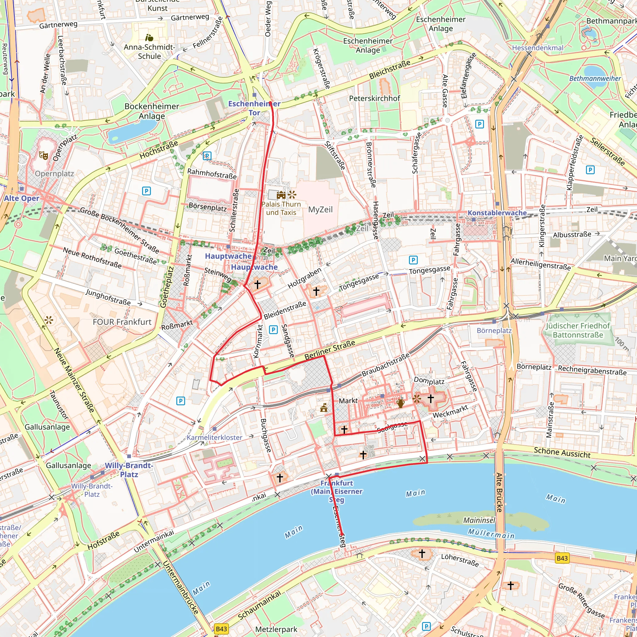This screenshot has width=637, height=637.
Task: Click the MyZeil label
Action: click(x=320, y=209)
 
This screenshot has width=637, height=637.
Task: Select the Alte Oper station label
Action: click(x=21, y=198)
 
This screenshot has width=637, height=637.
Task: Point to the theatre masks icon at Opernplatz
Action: click(x=44, y=155)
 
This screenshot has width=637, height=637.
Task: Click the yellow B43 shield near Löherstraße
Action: click(x=562, y=558)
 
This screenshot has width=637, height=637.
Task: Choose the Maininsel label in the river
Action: click(x=479, y=520)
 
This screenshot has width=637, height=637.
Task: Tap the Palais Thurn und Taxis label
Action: click(x=281, y=208)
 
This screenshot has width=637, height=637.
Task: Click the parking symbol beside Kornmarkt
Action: click(x=273, y=329)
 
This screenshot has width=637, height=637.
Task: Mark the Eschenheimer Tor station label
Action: click(x=254, y=108)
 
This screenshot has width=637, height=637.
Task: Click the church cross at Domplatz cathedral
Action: click(x=430, y=399)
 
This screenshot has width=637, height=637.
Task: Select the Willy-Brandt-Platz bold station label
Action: click(x=129, y=470)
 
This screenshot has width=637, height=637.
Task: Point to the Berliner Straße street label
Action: click(x=330, y=350)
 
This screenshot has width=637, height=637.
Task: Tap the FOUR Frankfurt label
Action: click(x=122, y=322)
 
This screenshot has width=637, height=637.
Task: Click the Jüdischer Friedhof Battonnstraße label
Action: click(x=578, y=330)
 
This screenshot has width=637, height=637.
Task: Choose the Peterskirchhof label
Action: click(x=374, y=98)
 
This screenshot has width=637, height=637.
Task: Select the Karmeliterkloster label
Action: click(x=214, y=438)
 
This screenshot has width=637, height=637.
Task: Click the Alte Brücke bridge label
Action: click(x=499, y=492)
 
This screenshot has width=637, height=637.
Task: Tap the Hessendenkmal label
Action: click(x=537, y=48)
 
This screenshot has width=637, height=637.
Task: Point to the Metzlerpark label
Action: click(x=276, y=629)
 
